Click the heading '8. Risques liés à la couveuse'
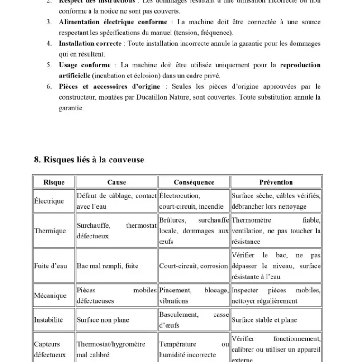[x=89, y=160]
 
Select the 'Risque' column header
[x=54, y=182]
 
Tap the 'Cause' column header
[x=116, y=182]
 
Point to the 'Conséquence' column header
[x=194, y=182]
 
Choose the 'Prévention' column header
[x=276, y=182]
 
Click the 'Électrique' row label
[x=49, y=201]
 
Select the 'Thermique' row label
[x=50, y=231]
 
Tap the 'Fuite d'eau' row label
[x=51, y=266]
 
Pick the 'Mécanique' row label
[x=50, y=295]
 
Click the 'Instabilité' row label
[x=49, y=320]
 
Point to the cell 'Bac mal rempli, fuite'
[x=108, y=266]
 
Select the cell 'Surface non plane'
[x=103, y=320]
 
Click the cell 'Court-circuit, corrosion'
[x=193, y=266]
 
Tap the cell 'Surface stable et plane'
[x=264, y=320]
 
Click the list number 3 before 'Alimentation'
[x=49, y=22]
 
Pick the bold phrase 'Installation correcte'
[x=90, y=43]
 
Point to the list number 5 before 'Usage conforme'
[x=49, y=65]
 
